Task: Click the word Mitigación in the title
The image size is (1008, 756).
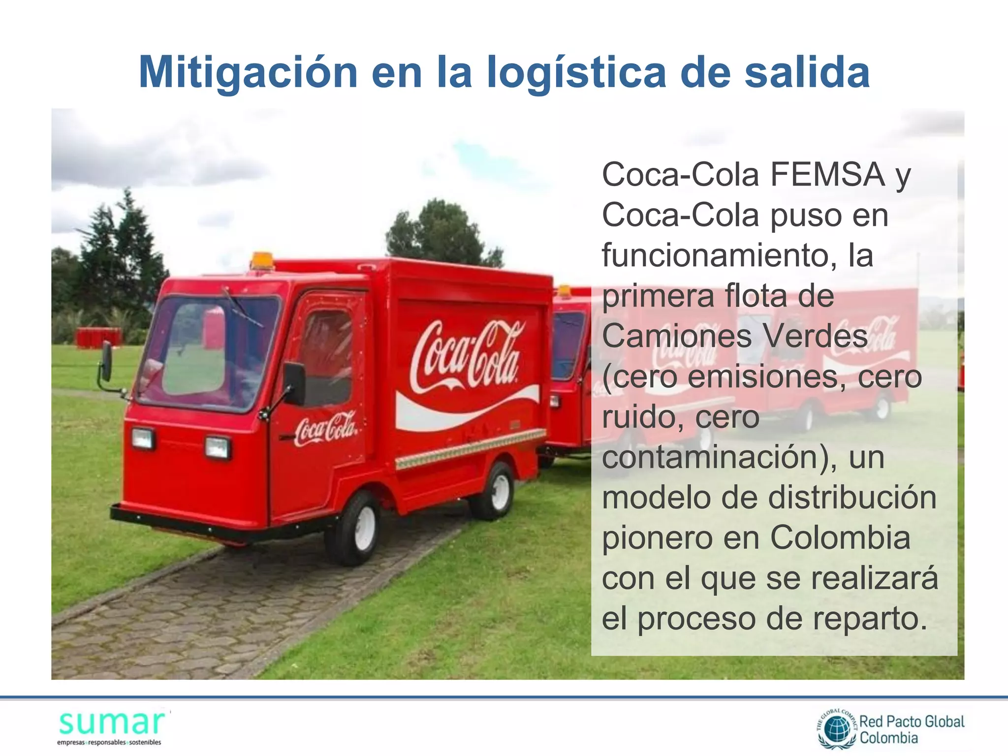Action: tap(248, 73)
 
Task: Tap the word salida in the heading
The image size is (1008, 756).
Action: tap(807, 73)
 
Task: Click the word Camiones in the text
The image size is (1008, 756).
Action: tap(676, 336)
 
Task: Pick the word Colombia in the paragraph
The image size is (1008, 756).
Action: tap(840, 537)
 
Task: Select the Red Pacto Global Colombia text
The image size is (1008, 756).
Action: tap(912, 729)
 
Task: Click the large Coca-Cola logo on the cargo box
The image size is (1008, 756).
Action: tap(466, 355)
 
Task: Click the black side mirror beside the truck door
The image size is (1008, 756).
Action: tap(294, 384)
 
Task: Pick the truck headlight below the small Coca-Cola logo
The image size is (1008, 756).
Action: tap(217, 447)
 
